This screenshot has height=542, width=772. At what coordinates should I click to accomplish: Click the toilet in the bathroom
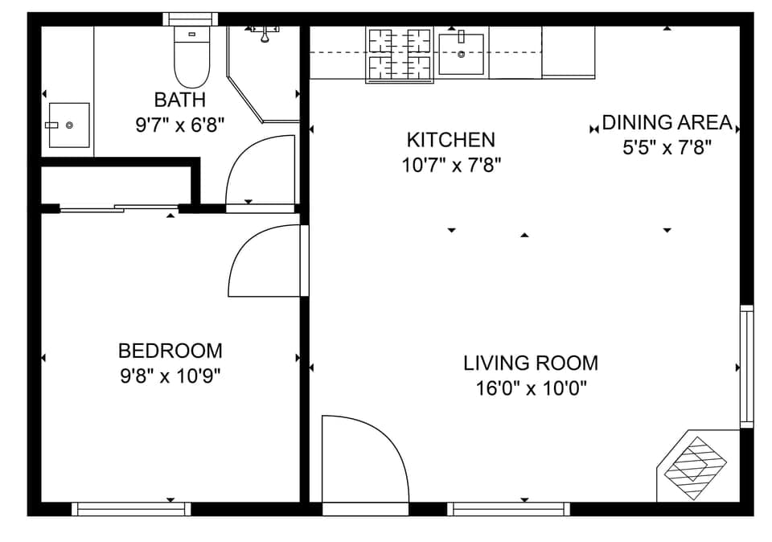coord(191,58)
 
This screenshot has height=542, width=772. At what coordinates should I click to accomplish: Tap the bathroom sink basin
coord(68,125)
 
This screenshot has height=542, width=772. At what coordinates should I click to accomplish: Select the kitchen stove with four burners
coord(399,55)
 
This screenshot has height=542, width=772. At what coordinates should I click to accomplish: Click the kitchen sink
coord(462,54)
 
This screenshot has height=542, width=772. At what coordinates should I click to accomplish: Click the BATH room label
coord(179,101)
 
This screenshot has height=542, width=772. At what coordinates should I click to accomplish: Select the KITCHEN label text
coord(450,140)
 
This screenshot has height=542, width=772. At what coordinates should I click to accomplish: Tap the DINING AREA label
coord(667,123)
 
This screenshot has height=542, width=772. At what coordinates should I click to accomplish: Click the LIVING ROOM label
coord(531,363)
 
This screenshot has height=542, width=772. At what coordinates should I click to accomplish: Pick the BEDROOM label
coord(170,351)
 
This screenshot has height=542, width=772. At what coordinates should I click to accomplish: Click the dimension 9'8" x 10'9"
coord(170,376)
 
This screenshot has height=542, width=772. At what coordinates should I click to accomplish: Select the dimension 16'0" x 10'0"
coord(531,388)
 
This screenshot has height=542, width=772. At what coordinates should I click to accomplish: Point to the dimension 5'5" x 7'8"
coord(667,148)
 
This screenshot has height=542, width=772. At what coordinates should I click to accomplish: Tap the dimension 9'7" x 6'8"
coord(179,125)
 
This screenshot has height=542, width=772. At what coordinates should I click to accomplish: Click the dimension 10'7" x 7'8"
coord(450,166)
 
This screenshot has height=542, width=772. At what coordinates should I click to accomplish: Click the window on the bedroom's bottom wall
coord(131,508)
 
